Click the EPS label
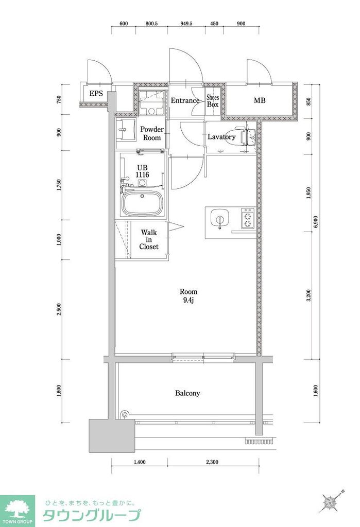tap(96, 94)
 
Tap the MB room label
tap(259, 100)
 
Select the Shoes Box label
tap(213, 100)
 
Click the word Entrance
tap(185, 100)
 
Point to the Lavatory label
tap(221, 137)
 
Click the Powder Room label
tap(152, 134)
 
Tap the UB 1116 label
tap(142, 171)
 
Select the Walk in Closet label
tap(149, 239)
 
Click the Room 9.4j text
tap(188, 295)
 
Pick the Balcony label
tap(187, 393)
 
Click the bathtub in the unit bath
tap(142, 204)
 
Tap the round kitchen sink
tap(220, 218)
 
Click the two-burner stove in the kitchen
tap(248, 218)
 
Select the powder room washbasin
tap(124, 132)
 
